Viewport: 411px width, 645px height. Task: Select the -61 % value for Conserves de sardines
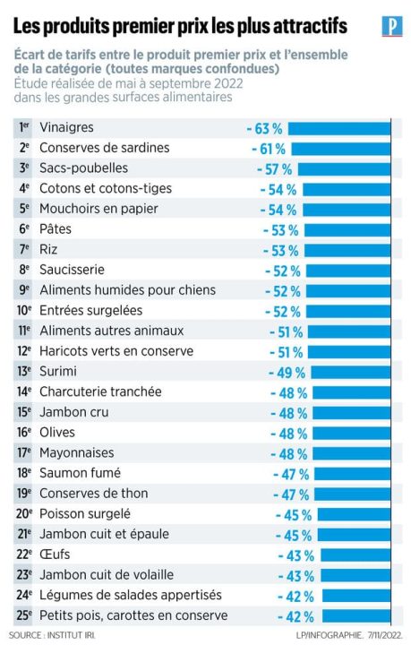click(x=266, y=149)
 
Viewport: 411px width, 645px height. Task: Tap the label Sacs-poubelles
click(x=84, y=168)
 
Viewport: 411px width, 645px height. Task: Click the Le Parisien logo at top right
click(x=390, y=26)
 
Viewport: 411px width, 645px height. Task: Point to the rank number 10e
click(x=24, y=311)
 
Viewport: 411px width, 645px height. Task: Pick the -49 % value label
click(x=286, y=373)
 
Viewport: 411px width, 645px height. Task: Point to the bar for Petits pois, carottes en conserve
click(x=360, y=616)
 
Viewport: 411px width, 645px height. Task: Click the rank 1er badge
click(x=24, y=128)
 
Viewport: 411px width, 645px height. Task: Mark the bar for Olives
click(x=355, y=433)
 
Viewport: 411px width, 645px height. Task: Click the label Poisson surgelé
click(x=85, y=514)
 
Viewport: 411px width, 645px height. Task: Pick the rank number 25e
click(x=24, y=615)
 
